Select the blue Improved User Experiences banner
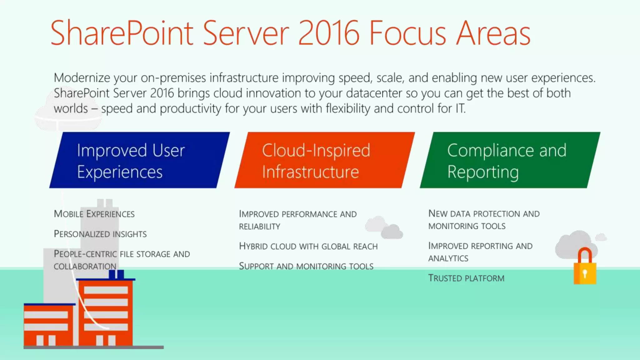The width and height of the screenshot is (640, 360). pyautogui.click(x=139, y=160)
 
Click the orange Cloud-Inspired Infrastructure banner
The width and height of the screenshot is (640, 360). pyautogui.click(x=324, y=160)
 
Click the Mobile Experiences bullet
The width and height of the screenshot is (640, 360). pyautogui.click(x=94, y=214)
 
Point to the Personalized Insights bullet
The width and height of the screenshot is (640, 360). pyautogui.click(x=100, y=234)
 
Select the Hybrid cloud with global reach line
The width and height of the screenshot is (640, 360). pyautogui.click(x=308, y=247)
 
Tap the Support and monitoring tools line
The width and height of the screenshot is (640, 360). pyautogui.click(x=306, y=266)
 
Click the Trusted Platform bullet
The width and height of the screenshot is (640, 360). pyautogui.click(x=466, y=278)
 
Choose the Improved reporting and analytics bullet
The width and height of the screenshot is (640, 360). pyautogui.click(x=480, y=252)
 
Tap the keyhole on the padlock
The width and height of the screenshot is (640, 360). pyautogui.click(x=585, y=274)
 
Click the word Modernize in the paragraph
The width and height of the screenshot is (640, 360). pyautogui.click(x=82, y=78)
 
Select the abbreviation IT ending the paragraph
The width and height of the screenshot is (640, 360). pyautogui.click(x=460, y=109)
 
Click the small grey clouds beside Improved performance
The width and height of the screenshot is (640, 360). pyautogui.click(x=384, y=227)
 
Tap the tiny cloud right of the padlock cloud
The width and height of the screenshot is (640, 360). pyautogui.click(x=600, y=237)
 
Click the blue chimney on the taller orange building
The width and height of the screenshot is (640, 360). pyautogui.click(x=116, y=274)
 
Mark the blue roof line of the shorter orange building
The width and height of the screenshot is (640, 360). pyautogui.click(x=49, y=304)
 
